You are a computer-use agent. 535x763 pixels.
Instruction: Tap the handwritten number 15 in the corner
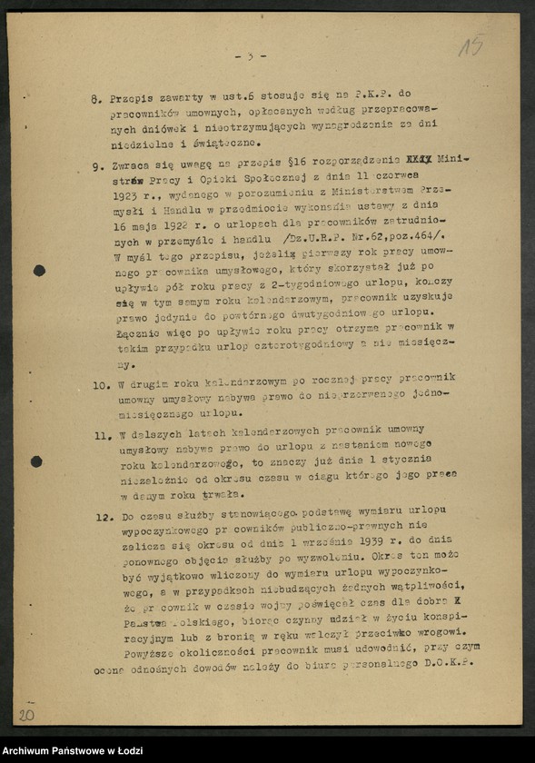[x=470, y=45]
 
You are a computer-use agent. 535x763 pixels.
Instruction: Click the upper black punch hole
[x=39, y=270]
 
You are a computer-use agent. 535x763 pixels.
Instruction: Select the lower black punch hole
[x=36, y=461]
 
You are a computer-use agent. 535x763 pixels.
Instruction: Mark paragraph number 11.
[x=102, y=435]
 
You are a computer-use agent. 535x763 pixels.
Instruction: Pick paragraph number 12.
[x=103, y=518]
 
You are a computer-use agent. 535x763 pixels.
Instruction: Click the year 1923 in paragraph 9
[x=130, y=194]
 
